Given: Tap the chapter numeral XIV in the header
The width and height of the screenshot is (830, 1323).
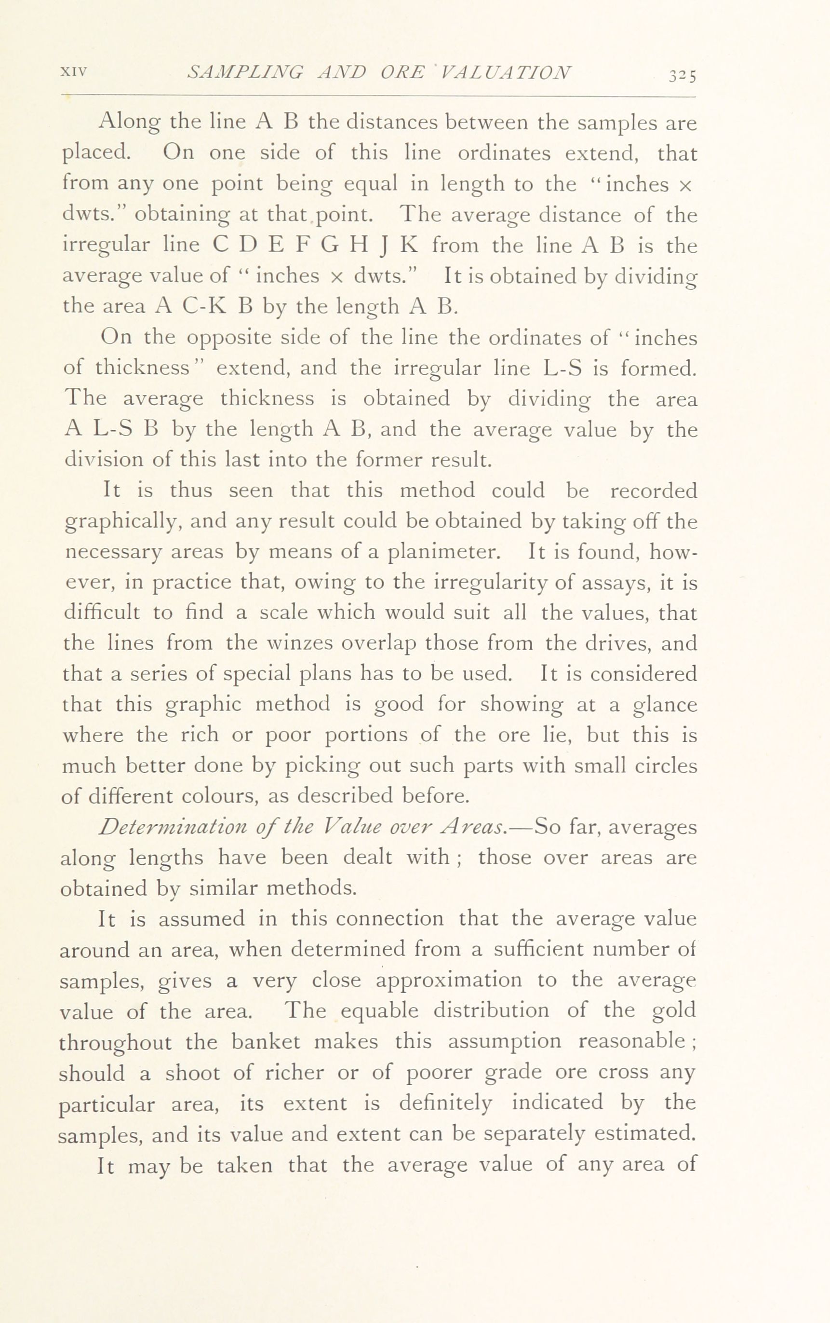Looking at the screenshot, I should (x=74, y=71).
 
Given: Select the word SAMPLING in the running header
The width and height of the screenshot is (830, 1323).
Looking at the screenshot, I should (x=245, y=72).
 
